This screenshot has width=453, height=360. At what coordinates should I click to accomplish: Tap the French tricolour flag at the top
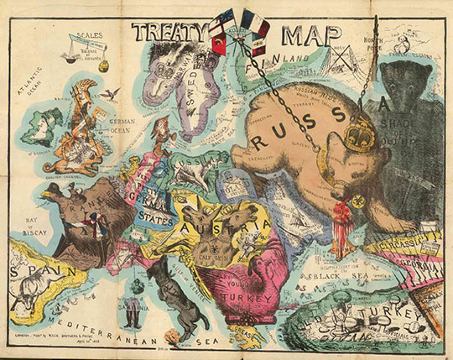253,20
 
